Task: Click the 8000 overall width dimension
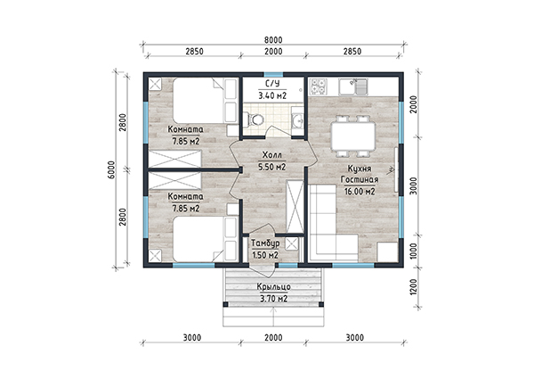pos(273,40)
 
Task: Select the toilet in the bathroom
pos(255,119)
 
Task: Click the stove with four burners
pos(318,86)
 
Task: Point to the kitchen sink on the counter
pos(353,86)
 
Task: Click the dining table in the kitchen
pos(353,136)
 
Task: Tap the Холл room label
pos(272,155)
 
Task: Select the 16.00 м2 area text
pos(360,192)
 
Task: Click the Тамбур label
pos(265,243)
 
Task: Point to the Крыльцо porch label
pos(274,287)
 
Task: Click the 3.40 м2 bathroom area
pos(272,95)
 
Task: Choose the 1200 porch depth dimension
pos(413,288)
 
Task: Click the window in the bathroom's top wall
pos(274,75)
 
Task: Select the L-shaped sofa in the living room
pos(334,223)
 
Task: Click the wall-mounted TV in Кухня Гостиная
pos(396,169)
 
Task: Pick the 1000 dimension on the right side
pos(413,251)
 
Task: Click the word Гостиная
pos(360,180)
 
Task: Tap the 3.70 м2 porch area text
pos(274,300)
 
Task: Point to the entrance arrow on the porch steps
pos(274,317)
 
